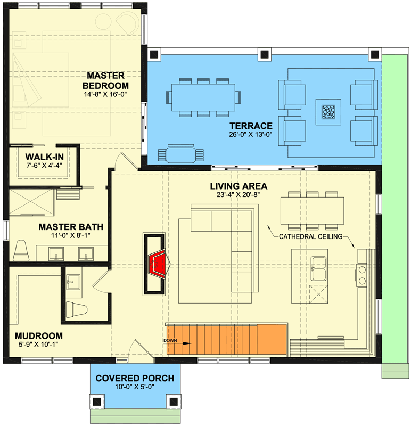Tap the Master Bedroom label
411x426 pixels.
[105, 80]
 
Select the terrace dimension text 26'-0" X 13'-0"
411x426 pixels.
[250, 134]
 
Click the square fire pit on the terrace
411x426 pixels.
[328, 112]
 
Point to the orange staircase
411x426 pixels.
[227, 339]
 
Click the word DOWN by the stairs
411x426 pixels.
[170, 340]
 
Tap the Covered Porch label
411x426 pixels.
[135, 378]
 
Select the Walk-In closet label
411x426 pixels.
[45, 157]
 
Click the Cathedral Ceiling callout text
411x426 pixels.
[310, 236]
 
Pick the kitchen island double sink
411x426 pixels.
[319, 268]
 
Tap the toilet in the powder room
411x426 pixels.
[77, 309]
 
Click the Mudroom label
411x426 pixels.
[38, 336]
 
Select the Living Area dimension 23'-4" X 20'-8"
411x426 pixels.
[238, 194]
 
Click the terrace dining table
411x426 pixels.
[203, 97]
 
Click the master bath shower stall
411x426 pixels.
[31, 202]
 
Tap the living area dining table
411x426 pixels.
[312, 210]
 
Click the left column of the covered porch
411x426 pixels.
[96, 402]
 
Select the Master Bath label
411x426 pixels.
[71, 227]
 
